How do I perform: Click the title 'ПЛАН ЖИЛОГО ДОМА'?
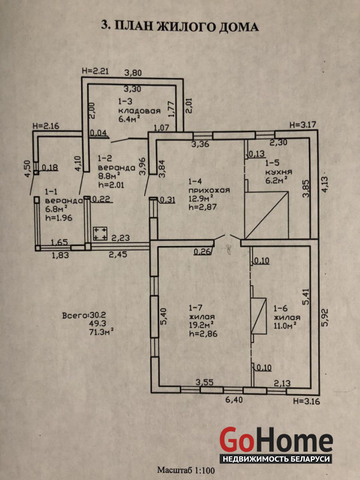click(x=187, y=26)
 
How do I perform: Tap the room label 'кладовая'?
click(x=139, y=111)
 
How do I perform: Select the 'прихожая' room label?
click(x=209, y=191)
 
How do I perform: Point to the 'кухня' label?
click(x=278, y=172)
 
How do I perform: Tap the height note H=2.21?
click(x=95, y=71)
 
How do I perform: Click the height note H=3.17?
click(x=302, y=125)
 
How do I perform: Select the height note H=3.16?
click(x=307, y=401)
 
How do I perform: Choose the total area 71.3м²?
click(x=100, y=332)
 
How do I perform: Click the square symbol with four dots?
click(x=100, y=234)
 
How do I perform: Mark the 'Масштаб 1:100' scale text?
click(x=186, y=470)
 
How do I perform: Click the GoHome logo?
click(x=276, y=445)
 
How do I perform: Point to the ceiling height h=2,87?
click(x=203, y=207)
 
